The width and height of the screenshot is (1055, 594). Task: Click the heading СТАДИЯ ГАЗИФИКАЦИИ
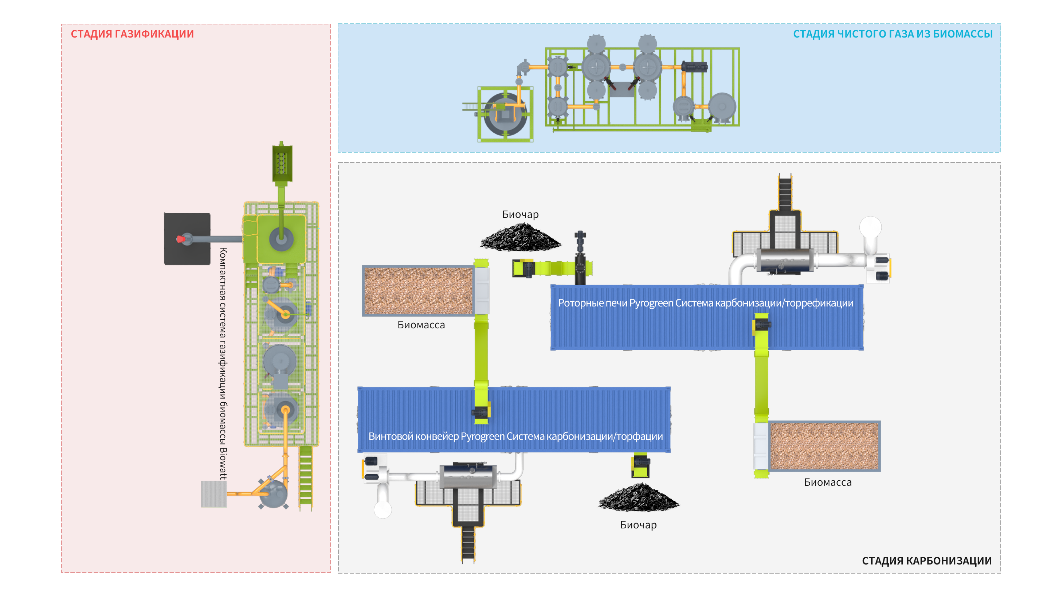[132, 34]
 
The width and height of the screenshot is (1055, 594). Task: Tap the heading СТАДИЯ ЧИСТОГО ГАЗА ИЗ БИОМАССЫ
[893, 34]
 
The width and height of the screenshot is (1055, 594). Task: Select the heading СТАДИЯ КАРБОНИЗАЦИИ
[926, 560]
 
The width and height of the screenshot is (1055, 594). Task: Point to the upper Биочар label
[520, 214]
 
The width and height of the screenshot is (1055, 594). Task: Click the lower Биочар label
[638, 525]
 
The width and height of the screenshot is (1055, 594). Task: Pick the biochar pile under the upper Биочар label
[520, 238]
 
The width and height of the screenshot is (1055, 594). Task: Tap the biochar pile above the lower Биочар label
[638, 498]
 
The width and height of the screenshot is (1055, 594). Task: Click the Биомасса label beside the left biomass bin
[421, 325]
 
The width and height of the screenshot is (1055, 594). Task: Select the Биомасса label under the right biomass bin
[828, 482]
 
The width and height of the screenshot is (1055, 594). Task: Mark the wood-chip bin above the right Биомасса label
[824, 446]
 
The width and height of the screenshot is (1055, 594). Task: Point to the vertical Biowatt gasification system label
[223, 363]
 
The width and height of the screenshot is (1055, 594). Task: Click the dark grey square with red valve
[187, 239]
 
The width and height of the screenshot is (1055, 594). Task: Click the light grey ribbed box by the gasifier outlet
[214, 494]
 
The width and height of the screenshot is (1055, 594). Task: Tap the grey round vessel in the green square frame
[505, 114]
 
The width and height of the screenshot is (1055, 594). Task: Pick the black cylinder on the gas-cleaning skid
[695, 67]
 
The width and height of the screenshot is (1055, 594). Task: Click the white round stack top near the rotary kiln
[870, 227]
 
